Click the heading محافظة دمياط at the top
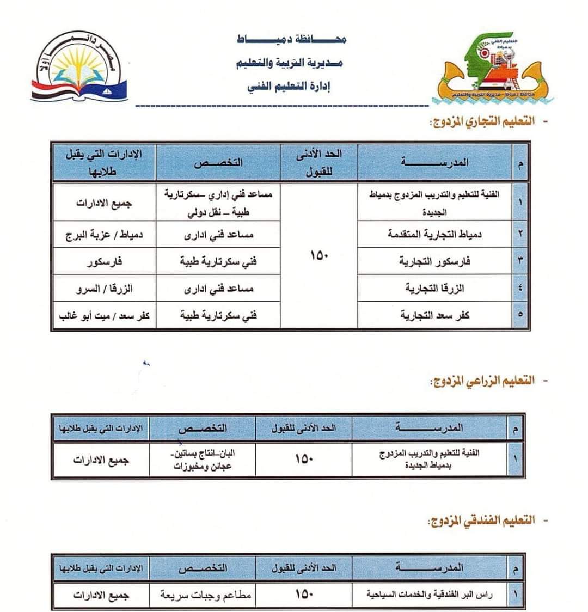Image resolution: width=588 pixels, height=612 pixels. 292,39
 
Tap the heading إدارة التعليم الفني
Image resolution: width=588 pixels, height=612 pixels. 291,86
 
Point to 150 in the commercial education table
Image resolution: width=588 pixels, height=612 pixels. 318,255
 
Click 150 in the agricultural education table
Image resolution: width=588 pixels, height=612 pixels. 304,459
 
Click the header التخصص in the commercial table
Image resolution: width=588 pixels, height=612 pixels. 218,162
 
